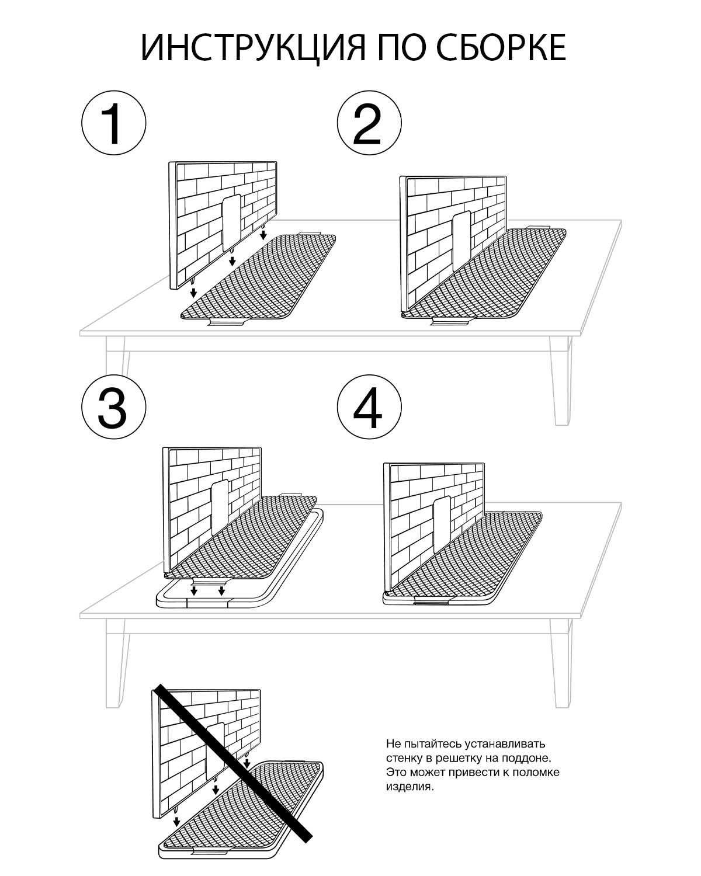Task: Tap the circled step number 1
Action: pos(113,124)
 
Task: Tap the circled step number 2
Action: pos(369,124)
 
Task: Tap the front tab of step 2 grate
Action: pos(450,322)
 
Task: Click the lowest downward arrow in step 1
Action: pos(193,292)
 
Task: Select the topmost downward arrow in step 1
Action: pos(263,235)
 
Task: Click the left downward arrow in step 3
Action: pos(194,592)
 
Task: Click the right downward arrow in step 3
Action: pos(222,592)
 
